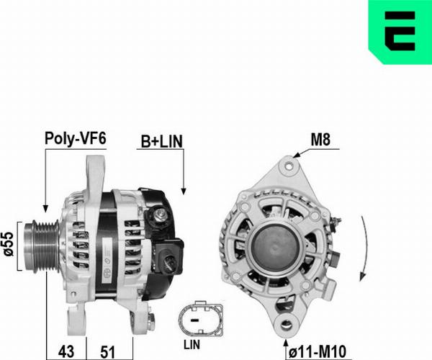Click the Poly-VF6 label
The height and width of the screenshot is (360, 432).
tap(75, 138)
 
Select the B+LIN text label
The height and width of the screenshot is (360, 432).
tap(162, 142)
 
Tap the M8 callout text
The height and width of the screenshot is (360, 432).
tap(320, 140)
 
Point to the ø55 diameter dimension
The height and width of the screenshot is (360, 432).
tap(9, 244)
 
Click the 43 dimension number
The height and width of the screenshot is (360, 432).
tap(66, 352)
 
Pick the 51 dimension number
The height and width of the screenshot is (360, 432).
tap(107, 352)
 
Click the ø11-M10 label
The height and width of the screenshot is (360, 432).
tap(317, 352)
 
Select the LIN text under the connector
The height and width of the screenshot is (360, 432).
tap(192, 345)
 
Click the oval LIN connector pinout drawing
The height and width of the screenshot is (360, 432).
tap(201, 319)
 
